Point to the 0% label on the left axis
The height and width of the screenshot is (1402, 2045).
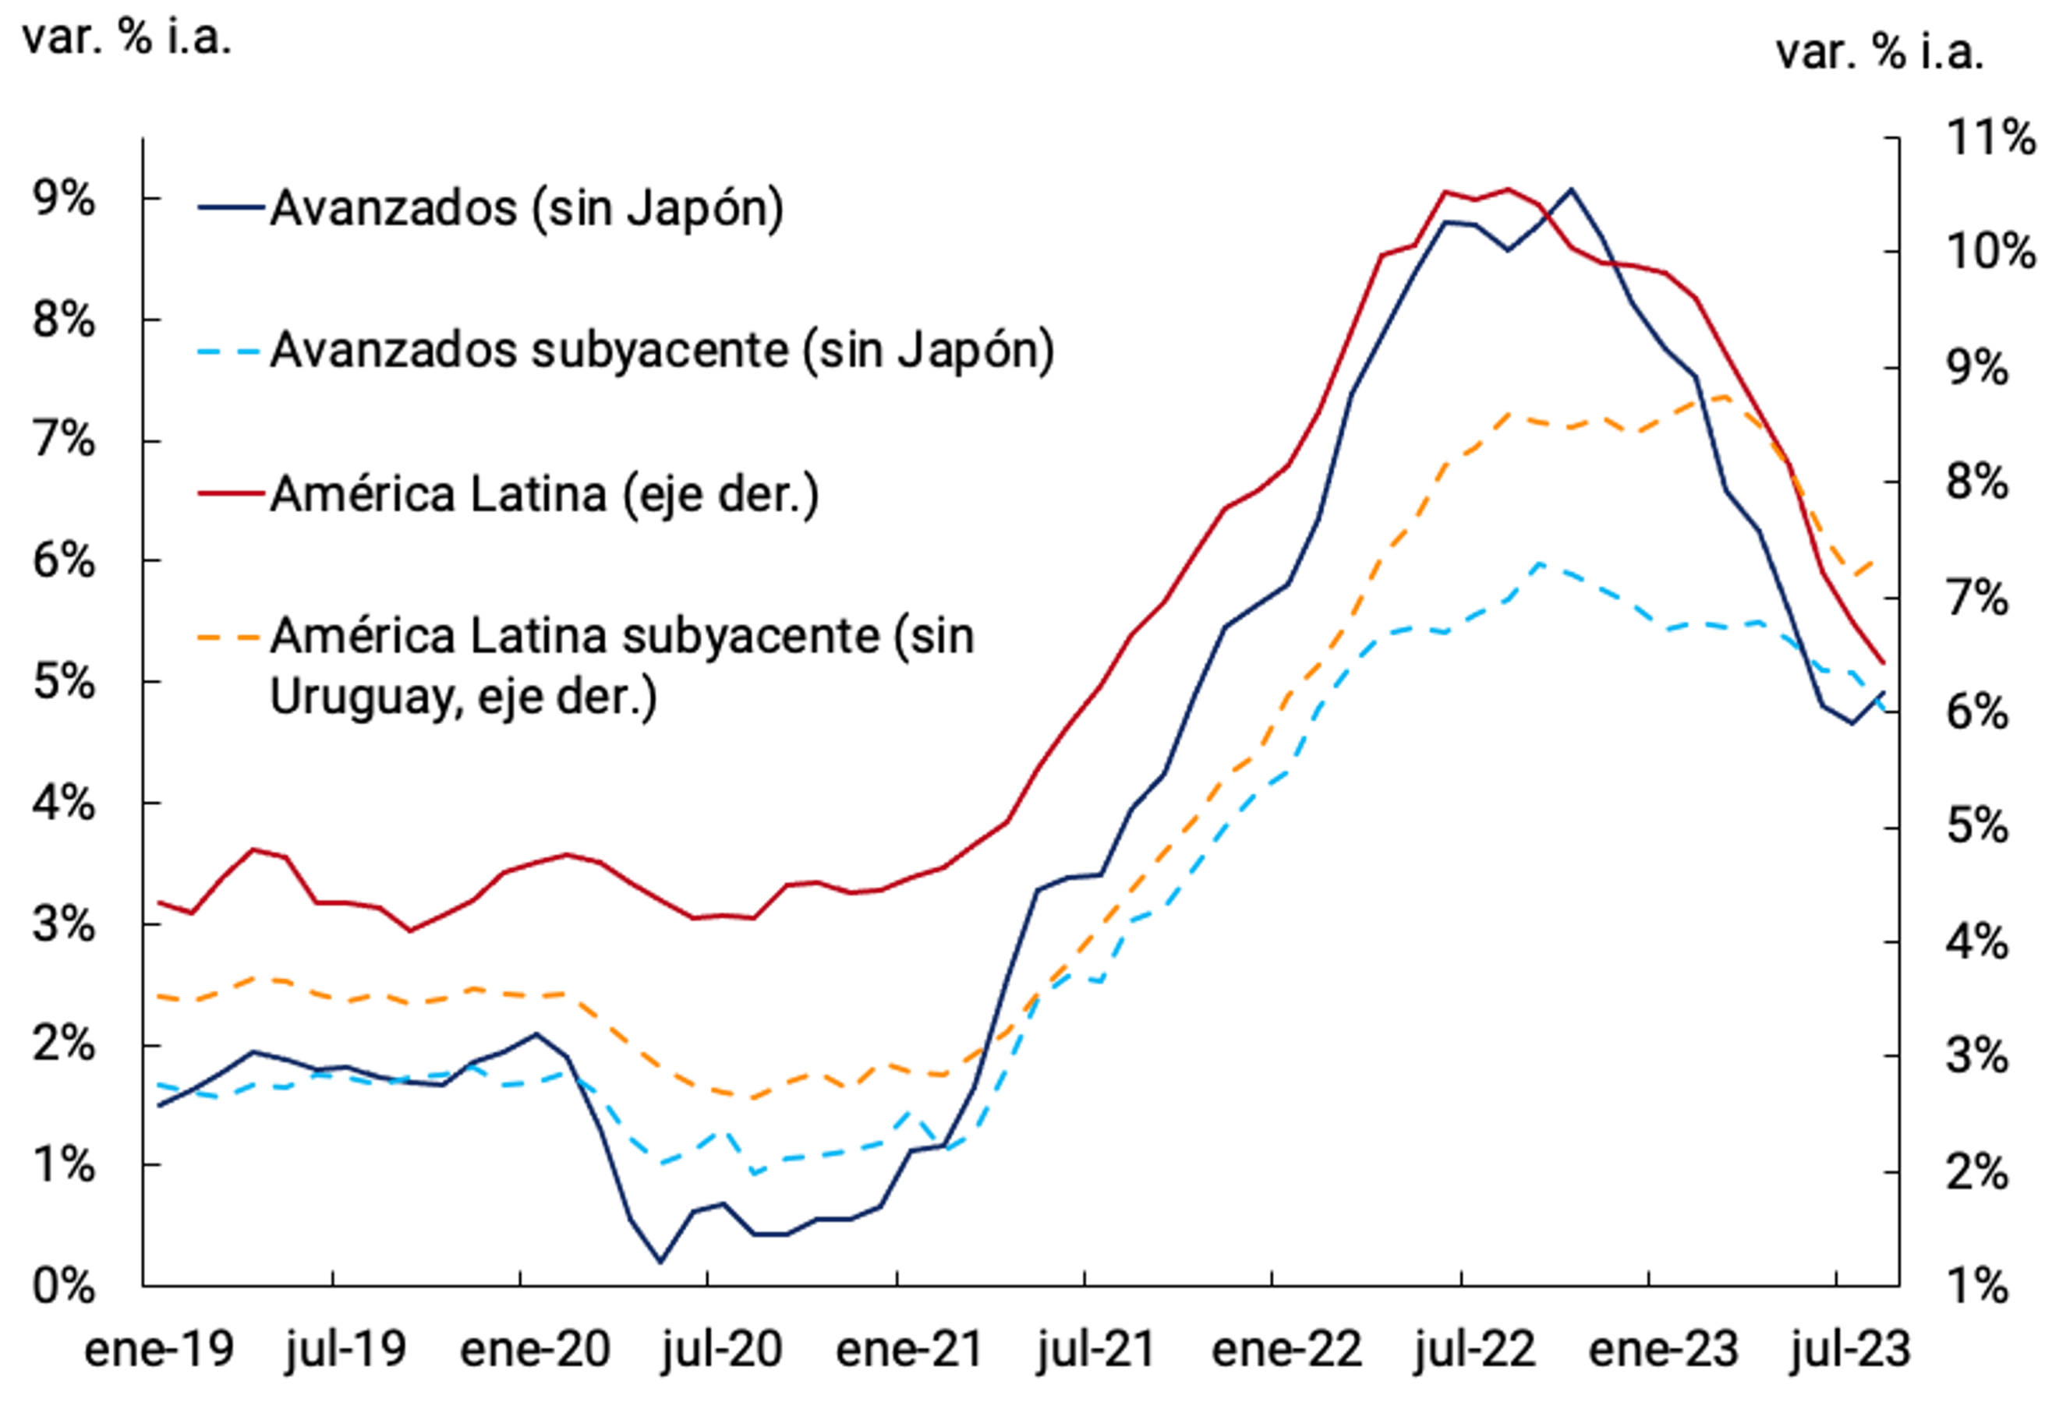[63, 1287]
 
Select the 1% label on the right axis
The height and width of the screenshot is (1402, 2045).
[1977, 1287]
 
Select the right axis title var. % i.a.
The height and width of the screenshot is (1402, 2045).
[1880, 53]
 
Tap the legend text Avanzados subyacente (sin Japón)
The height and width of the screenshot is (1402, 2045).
[662, 351]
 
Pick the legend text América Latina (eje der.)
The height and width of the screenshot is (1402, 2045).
[544, 494]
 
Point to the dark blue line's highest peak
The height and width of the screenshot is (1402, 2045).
[1572, 189]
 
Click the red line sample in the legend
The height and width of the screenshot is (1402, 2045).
[231, 494]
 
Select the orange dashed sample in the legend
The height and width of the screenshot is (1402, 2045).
[231, 637]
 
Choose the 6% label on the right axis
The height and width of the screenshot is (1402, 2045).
[1977, 712]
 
